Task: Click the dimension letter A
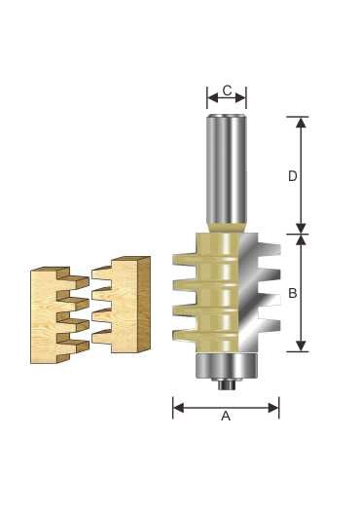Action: [x=226, y=416]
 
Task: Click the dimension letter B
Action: [x=293, y=293]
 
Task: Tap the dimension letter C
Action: [x=228, y=91]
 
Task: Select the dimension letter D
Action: [x=293, y=176]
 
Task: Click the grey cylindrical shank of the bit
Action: [x=227, y=168]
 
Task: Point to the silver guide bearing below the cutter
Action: [x=227, y=366]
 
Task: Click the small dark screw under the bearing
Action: [x=227, y=384]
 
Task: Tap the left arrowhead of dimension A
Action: [x=178, y=408]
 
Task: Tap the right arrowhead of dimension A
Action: [x=273, y=408]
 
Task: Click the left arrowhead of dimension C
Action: [x=213, y=97]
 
